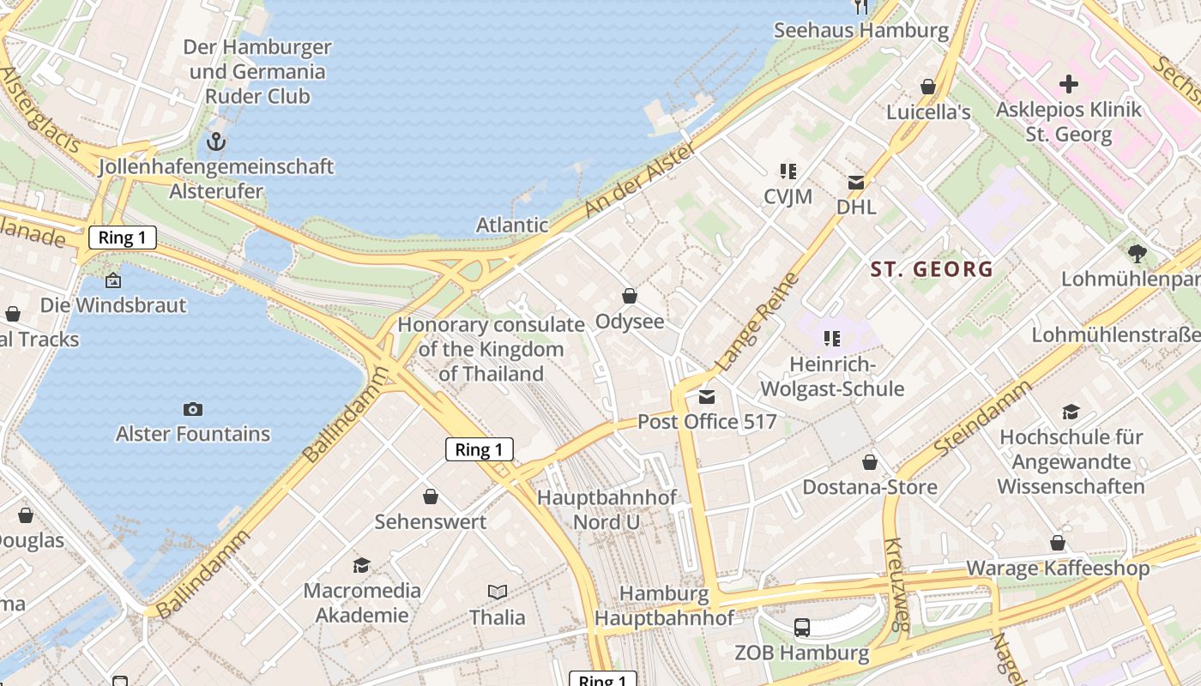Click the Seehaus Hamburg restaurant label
(x=860, y=31)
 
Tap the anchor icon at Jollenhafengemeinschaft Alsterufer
(x=216, y=141)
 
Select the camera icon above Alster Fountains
(x=193, y=409)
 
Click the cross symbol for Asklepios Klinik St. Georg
(x=1068, y=84)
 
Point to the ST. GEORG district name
(x=932, y=269)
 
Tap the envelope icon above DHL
(x=856, y=182)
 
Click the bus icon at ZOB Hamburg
(x=801, y=628)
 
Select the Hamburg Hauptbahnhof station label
(x=664, y=605)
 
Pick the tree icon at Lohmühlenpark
(x=1138, y=253)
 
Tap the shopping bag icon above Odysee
(x=630, y=296)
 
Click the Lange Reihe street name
(x=757, y=322)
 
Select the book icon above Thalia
(x=497, y=592)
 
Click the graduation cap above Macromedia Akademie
(x=361, y=565)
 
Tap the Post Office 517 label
(x=707, y=422)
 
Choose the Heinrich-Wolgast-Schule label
(x=832, y=377)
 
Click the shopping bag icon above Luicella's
(x=927, y=87)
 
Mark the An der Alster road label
(x=628, y=178)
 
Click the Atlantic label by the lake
(x=512, y=225)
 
